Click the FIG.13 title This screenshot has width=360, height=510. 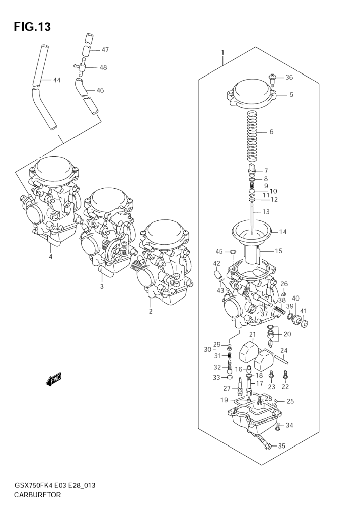tap(32, 27)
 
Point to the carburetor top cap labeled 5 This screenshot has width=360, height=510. tap(251, 95)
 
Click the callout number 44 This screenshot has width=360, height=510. tap(57, 80)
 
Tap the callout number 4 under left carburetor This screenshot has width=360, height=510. tap(51, 256)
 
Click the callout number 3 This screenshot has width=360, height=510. tap(102, 286)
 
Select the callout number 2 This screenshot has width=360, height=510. tap(151, 311)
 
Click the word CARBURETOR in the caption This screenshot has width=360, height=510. tap(38, 495)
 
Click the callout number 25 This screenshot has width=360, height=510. tap(290, 401)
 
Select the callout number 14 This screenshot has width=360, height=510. tap(283, 232)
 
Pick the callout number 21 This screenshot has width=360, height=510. tap(253, 334)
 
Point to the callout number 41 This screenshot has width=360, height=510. tap(303, 311)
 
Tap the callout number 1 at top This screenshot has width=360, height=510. tap(223, 53)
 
